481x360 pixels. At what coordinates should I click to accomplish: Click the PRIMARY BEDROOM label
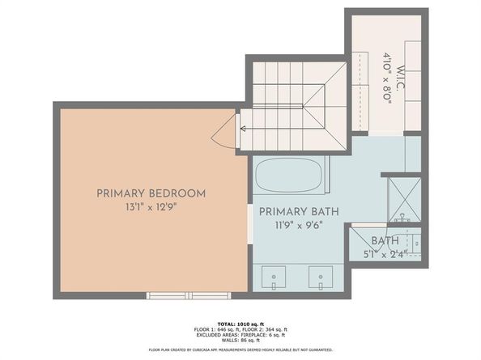pyautogui.click(x=151, y=193)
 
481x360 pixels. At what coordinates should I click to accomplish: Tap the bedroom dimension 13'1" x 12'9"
pyautogui.click(x=151, y=207)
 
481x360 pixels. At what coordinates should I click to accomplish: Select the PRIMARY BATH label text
pyautogui.click(x=298, y=211)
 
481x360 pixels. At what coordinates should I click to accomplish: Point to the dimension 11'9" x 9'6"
pyautogui.click(x=298, y=226)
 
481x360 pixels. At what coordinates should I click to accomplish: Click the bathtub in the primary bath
pyautogui.click(x=289, y=174)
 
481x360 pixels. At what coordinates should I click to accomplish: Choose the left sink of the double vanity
pyautogui.click(x=275, y=278)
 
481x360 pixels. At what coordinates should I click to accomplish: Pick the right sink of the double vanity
pyautogui.click(x=321, y=278)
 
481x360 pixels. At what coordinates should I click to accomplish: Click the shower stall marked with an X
pyautogui.click(x=402, y=197)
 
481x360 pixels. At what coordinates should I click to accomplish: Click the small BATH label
pyautogui.click(x=385, y=241)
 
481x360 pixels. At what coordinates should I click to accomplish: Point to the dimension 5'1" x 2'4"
pyautogui.click(x=385, y=254)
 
